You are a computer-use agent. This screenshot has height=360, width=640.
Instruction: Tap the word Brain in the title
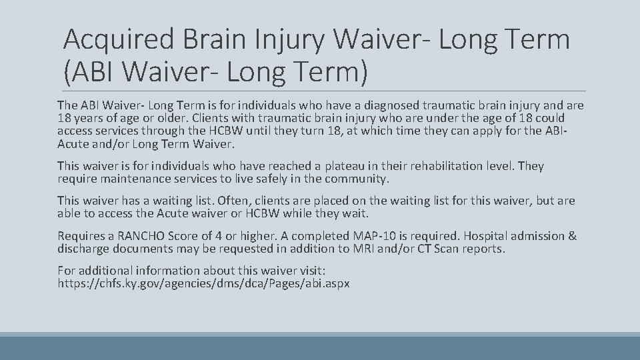(215, 40)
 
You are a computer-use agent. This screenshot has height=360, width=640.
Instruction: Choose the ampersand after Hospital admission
(573, 236)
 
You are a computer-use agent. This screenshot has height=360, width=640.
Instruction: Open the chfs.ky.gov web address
(203, 283)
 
